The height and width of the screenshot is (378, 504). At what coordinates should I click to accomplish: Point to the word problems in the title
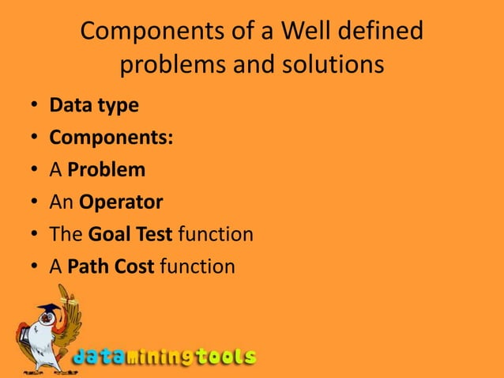click(173, 65)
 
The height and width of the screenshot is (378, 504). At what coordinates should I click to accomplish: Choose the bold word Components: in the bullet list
click(111, 137)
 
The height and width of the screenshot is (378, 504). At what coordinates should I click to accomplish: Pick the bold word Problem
click(106, 169)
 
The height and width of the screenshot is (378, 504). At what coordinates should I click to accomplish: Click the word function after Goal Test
click(216, 234)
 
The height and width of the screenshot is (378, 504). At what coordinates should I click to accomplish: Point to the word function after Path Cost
click(197, 266)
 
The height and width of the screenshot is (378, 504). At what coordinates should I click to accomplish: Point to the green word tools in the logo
click(226, 357)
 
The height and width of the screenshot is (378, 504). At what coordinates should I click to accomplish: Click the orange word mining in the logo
click(159, 357)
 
